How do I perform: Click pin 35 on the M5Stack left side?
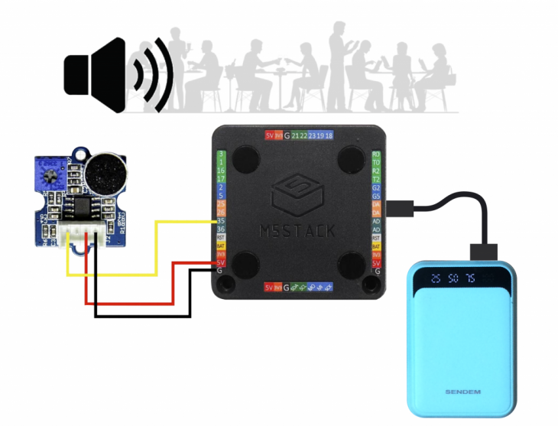220,221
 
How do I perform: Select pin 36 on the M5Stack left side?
220,229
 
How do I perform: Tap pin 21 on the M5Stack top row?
296,135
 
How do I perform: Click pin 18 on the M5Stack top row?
329,135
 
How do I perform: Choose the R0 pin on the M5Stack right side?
376,154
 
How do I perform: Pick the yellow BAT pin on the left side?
220,246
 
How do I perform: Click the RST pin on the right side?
376,239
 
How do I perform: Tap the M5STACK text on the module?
297,230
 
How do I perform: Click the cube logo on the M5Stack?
297,196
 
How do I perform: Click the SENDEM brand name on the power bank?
463,392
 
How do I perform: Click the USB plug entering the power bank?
485,252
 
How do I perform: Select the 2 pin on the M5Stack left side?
220,187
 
